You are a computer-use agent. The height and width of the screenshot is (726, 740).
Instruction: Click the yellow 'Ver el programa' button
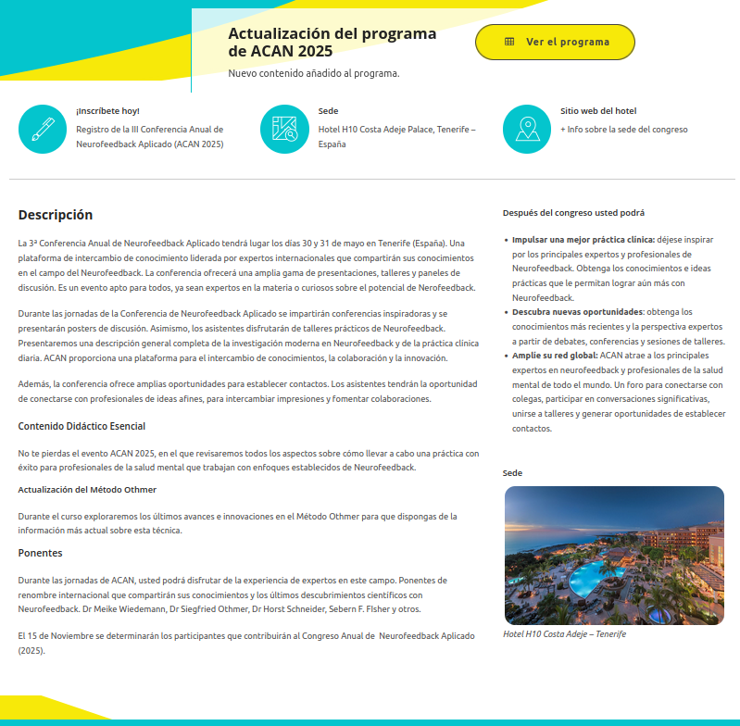[555, 42]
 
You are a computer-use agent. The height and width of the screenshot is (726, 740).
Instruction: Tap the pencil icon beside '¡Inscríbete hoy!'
[43, 129]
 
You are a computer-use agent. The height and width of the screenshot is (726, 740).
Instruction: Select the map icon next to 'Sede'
[284, 129]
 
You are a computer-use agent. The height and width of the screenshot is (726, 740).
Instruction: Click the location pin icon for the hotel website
[526, 129]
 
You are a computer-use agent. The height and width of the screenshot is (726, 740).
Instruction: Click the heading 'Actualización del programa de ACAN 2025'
[332, 42]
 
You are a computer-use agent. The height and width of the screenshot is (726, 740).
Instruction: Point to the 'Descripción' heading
[56, 215]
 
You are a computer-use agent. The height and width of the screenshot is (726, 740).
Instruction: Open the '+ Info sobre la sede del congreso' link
[623, 130]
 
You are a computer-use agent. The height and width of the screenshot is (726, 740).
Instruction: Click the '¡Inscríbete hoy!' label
[107, 111]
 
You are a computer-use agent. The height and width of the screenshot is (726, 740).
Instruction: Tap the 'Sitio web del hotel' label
[598, 111]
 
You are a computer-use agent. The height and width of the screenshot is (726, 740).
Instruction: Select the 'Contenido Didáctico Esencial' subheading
[82, 426]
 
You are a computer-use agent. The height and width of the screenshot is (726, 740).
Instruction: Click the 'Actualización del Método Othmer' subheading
[87, 489]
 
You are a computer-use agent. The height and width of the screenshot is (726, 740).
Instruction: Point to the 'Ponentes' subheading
[40, 553]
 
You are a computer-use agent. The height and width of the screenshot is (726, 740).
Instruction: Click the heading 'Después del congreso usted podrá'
[573, 213]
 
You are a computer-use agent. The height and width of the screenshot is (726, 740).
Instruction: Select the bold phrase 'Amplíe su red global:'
[555, 356]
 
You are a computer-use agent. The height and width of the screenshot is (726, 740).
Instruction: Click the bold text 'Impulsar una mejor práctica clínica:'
[583, 240]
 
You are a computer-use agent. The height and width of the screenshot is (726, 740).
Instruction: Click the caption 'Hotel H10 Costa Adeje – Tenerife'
[564, 634]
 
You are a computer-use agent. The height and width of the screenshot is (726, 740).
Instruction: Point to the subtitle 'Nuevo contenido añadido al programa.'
[314, 73]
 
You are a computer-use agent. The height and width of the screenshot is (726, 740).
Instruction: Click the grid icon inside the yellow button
[509, 42]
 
